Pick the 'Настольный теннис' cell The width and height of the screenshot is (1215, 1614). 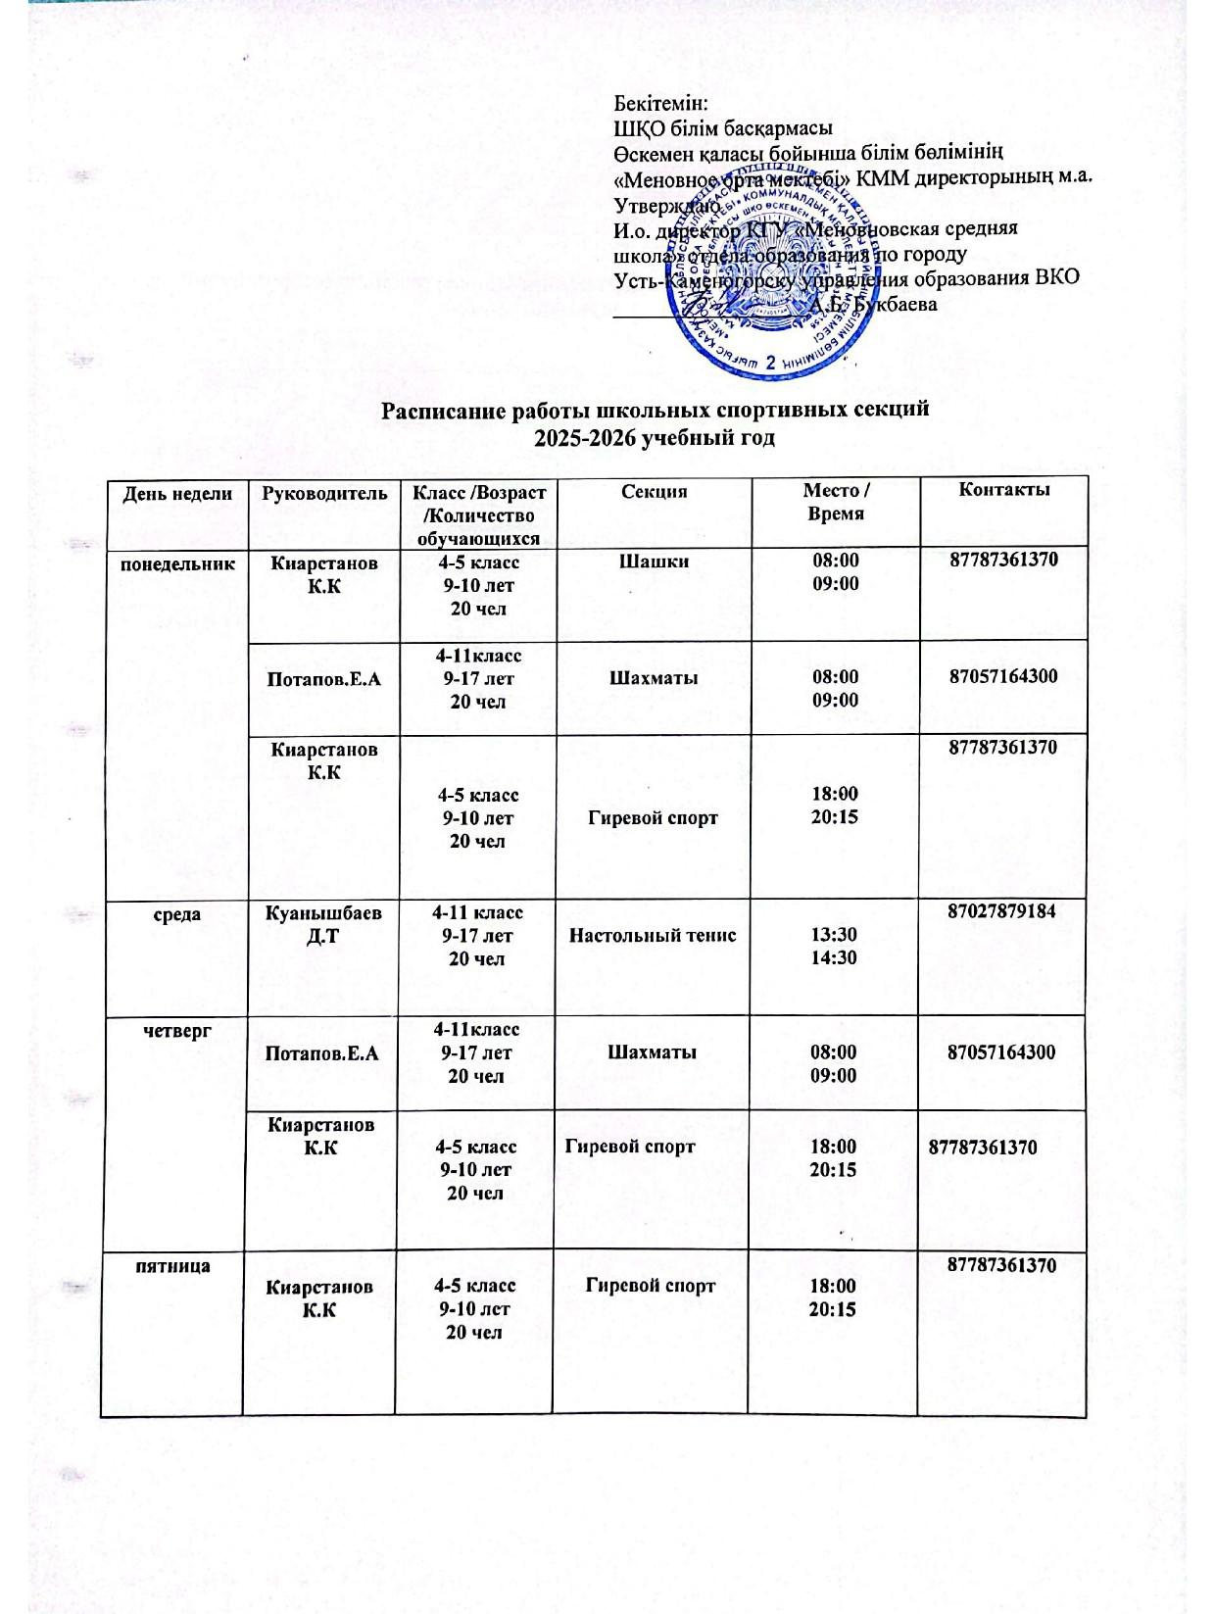[653, 935]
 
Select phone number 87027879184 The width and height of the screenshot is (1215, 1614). [1001, 911]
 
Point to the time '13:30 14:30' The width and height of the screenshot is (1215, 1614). [834, 946]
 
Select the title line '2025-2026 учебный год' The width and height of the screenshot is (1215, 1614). [654, 439]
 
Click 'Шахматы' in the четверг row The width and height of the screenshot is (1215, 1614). [653, 1052]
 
